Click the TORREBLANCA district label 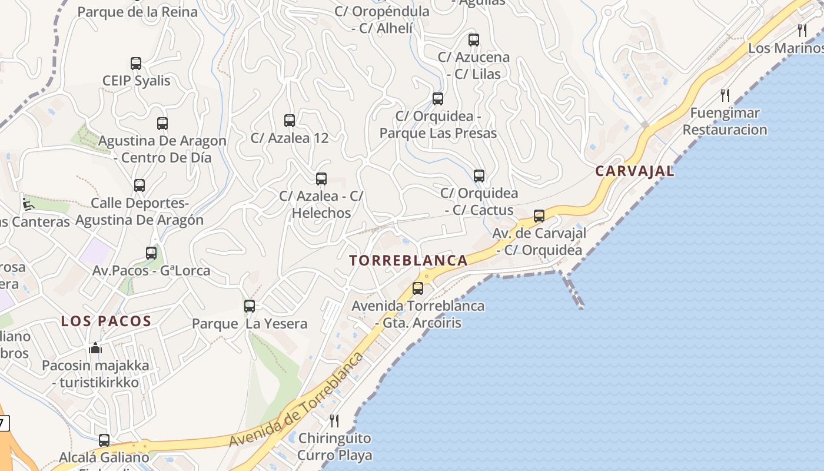[x=409, y=260]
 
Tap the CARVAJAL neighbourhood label [x=634, y=171]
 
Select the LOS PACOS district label [x=107, y=321]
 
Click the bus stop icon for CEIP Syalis [x=136, y=64]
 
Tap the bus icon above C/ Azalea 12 [x=290, y=121]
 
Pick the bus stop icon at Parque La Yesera [x=250, y=306]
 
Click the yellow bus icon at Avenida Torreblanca [x=418, y=288]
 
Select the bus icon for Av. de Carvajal [x=539, y=216]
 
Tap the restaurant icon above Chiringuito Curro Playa [x=334, y=420]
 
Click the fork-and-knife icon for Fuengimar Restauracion [x=725, y=95]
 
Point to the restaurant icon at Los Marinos [x=802, y=31]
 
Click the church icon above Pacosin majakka [x=95, y=348]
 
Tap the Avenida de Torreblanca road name [x=296, y=400]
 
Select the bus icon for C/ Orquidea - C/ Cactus [x=479, y=176]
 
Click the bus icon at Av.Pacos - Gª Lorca [x=151, y=253]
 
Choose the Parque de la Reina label [x=138, y=12]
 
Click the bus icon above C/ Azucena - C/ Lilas [x=474, y=40]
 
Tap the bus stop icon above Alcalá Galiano [x=104, y=440]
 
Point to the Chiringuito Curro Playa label [x=334, y=447]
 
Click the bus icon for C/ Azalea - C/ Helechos [x=321, y=179]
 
